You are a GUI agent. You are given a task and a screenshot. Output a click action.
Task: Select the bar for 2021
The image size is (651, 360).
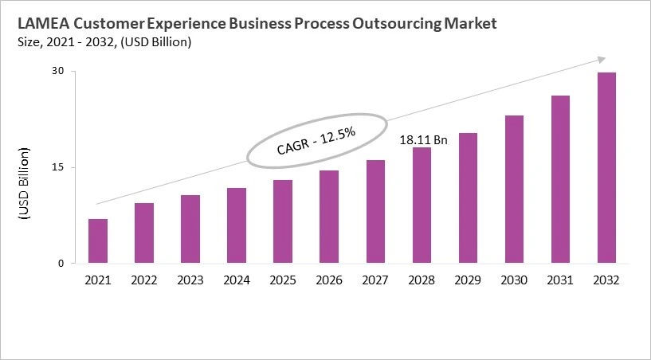tap(98, 241)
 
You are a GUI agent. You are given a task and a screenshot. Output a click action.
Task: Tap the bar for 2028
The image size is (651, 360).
tap(422, 205)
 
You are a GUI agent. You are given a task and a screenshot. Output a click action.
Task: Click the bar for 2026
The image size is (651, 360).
tap(329, 217)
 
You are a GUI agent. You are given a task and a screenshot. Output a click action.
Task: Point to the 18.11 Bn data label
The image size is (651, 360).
tap(423, 140)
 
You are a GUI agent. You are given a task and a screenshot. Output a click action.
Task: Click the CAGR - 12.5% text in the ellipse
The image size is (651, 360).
tap(316, 140)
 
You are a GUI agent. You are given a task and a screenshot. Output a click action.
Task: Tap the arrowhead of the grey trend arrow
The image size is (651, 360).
tap(602, 59)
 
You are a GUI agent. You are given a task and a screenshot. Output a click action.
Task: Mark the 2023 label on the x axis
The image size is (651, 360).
tap(190, 280)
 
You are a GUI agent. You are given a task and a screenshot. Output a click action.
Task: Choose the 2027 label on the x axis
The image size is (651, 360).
tap(375, 280)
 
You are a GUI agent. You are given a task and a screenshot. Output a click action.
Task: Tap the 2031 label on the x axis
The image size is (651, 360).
tap(560, 280)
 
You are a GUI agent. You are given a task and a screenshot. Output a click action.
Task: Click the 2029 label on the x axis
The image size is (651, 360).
tap(468, 280)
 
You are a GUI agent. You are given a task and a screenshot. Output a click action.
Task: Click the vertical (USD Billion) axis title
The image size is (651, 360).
tap(24, 183)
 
